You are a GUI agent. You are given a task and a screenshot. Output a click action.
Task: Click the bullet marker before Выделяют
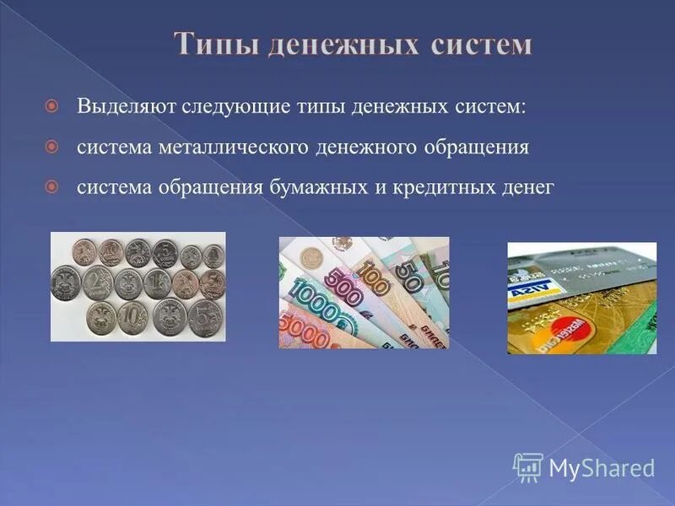(x=52, y=108)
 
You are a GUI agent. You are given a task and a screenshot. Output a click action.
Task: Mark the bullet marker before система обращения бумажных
(x=52, y=186)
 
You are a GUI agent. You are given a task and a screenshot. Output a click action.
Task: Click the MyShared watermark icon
(x=528, y=466)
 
